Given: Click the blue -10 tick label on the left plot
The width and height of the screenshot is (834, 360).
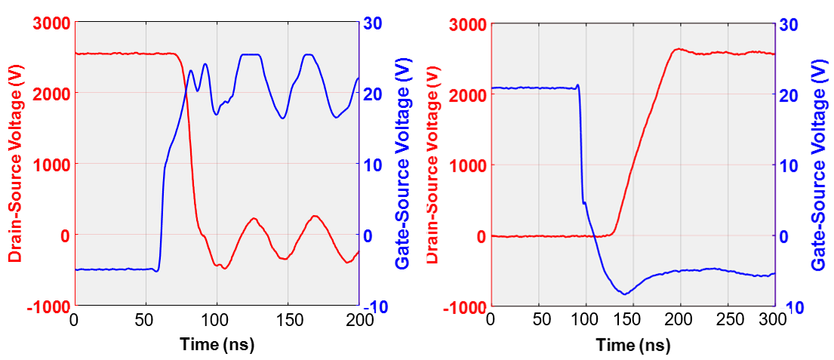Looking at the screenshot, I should click(x=377, y=306).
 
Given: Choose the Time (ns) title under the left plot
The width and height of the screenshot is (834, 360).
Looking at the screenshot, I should click(x=217, y=345).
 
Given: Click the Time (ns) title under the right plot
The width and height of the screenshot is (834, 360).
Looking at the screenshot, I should click(x=632, y=346).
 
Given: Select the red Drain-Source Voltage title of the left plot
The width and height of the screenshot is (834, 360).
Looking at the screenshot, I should click(x=14, y=165).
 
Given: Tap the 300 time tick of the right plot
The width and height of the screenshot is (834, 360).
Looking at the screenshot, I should click(x=774, y=321).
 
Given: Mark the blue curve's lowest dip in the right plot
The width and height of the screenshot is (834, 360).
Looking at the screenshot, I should click(x=624, y=294).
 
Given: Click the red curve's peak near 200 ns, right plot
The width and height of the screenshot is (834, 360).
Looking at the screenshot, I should click(x=678, y=49).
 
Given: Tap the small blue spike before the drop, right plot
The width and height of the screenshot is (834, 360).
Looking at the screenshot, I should click(x=578, y=85).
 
